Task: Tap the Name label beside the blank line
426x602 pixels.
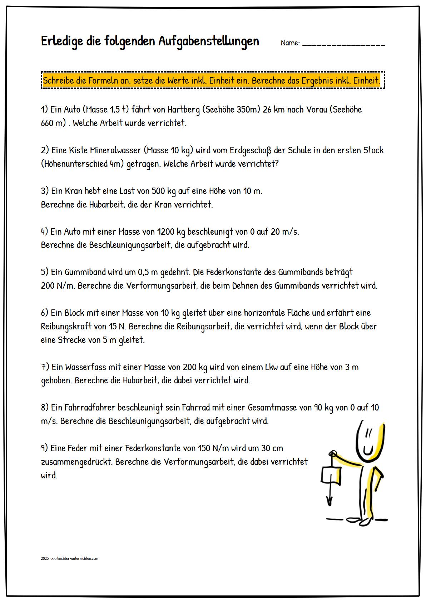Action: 290,43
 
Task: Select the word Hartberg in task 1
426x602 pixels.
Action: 183,109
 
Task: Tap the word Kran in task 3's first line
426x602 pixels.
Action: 74,191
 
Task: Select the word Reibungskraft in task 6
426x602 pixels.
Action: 64,326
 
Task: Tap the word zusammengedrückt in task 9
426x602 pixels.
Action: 77,462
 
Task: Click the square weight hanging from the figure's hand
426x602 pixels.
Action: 331,476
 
